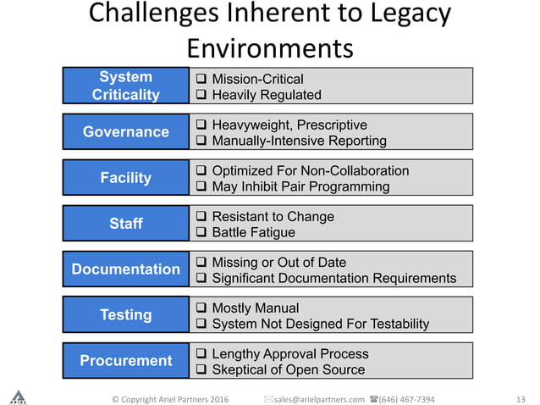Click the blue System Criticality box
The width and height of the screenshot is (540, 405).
(x=125, y=86)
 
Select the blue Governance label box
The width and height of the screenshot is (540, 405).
(x=125, y=131)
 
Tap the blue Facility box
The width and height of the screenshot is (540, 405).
(x=125, y=177)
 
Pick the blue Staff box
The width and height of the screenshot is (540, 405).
(x=125, y=223)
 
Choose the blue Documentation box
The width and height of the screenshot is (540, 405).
(x=125, y=269)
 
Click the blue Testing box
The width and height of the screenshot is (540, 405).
(x=125, y=314)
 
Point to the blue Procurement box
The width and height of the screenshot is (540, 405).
(x=125, y=360)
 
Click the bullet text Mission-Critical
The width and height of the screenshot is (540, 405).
(x=256, y=79)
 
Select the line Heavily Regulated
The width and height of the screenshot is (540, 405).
(x=266, y=95)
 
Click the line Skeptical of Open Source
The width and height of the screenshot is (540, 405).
(x=288, y=369)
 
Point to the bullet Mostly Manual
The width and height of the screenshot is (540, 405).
(x=255, y=308)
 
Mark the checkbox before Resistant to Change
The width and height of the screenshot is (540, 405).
(x=201, y=217)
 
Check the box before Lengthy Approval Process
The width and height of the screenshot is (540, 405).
(x=201, y=354)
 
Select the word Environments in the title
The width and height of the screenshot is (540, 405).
(x=270, y=46)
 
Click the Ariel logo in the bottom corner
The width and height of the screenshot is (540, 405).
(x=18, y=396)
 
